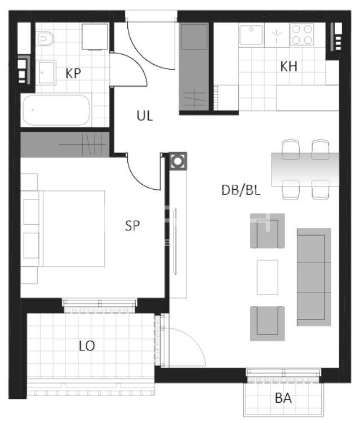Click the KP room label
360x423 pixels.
(73, 73)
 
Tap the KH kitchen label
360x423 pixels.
(288, 66)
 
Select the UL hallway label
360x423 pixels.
(145, 116)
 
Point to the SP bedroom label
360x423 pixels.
(132, 225)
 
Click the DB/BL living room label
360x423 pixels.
(241, 190)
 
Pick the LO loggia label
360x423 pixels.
(87, 346)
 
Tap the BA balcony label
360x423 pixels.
(283, 398)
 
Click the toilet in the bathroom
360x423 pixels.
(45, 38)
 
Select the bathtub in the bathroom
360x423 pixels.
(56, 110)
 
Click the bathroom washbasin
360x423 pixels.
(47, 73)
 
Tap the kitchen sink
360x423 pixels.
(251, 35)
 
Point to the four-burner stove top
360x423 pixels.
(302, 34)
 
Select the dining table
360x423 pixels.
(305, 170)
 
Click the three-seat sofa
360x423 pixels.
(314, 277)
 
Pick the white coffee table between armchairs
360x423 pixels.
(268, 277)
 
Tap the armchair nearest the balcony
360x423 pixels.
(268, 323)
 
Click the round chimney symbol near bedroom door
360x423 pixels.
(178, 161)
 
